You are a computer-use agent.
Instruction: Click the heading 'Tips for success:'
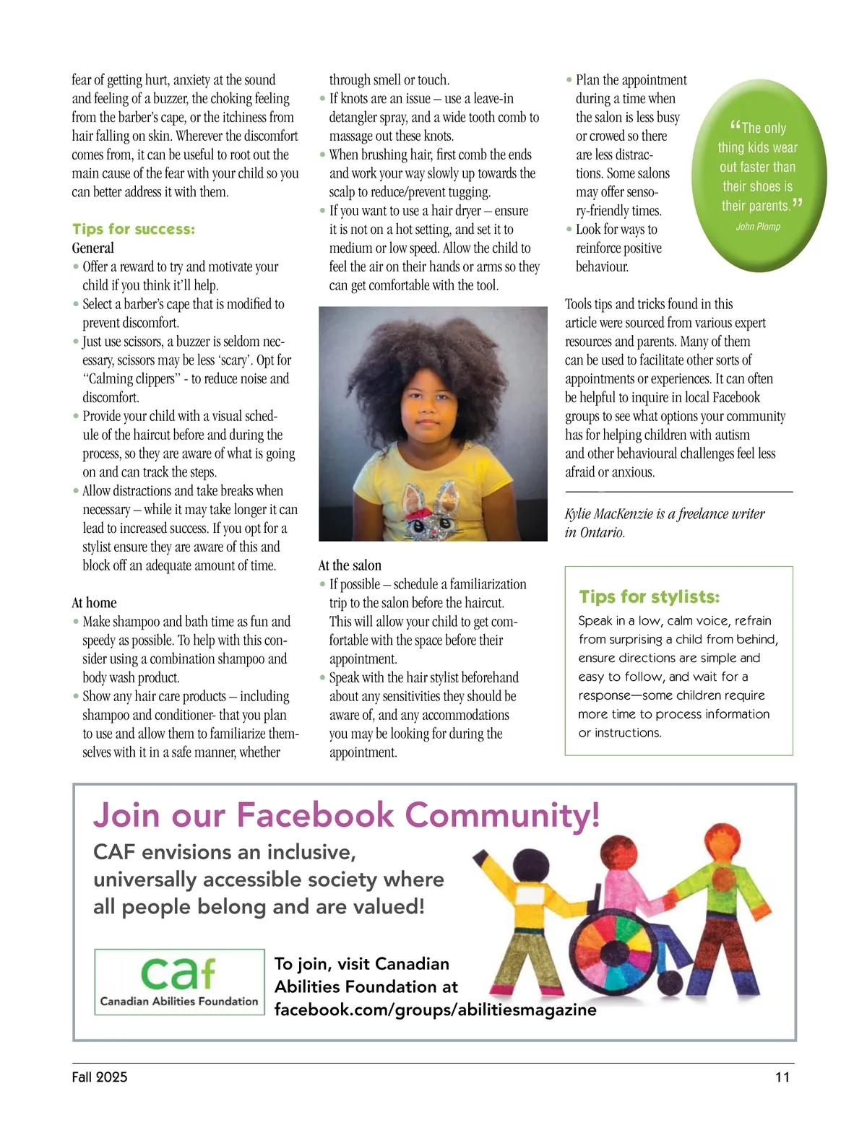[134, 229]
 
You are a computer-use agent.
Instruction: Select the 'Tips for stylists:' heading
[649, 596]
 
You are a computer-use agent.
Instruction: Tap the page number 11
[782, 1077]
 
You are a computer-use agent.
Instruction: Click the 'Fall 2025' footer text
[100, 1077]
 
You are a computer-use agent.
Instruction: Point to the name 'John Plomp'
[758, 227]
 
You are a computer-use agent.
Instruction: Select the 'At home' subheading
[94, 603]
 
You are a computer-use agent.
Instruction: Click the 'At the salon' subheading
[350, 565]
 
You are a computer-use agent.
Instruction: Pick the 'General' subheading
[93, 248]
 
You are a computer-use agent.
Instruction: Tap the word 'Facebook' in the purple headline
[315, 815]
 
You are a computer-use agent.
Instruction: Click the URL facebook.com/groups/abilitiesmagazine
[435, 1009]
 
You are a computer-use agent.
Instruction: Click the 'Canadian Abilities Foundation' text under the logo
[179, 1002]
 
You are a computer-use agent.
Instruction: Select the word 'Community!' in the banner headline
[502, 815]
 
